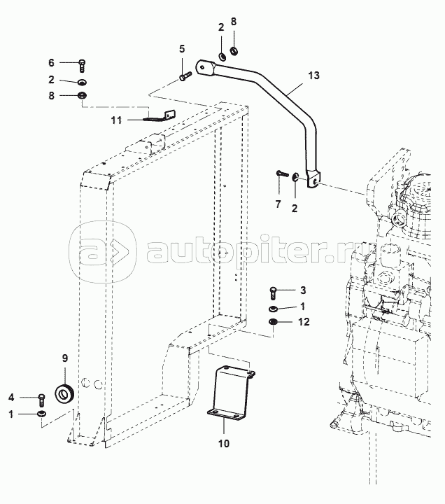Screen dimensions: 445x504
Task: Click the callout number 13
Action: pyautogui.click(x=314, y=76)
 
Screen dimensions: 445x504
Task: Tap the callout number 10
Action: pyautogui.click(x=224, y=444)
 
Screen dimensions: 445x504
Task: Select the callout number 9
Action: pyautogui.click(x=65, y=358)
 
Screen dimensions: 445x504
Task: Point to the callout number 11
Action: pyautogui.click(x=116, y=120)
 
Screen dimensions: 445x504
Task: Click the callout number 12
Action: pyautogui.click(x=304, y=322)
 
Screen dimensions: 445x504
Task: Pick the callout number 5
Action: pyautogui.click(x=182, y=49)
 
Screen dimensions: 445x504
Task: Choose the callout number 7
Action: pyautogui.click(x=278, y=204)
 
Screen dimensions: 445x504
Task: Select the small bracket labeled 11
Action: pyautogui.click(x=162, y=117)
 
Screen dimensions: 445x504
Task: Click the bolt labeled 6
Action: pyautogui.click(x=82, y=66)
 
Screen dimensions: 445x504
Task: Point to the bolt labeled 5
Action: pyautogui.click(x=185, y=76)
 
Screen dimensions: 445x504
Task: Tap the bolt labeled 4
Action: pyautogui.click(x=41, y=400)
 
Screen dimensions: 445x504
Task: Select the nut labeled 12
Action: pyautogui.click(x=273, y=321)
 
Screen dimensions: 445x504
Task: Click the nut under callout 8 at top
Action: pyautogui.click(x=234, y=50)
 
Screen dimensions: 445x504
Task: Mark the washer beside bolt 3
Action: pyautogui.click(x=273, y=309)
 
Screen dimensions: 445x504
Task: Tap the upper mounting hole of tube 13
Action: pyautogui.click(x=202, y=67)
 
